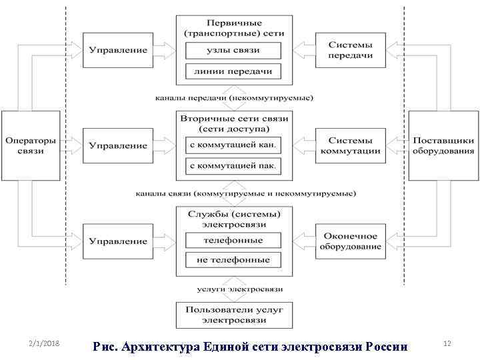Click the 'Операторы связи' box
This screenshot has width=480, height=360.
(x=31, y=145)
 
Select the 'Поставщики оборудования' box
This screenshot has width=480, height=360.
(x=443, y=145)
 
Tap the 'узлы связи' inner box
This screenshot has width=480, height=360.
(x=233, y=51)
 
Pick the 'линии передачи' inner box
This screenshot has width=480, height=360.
(x=233, y=71)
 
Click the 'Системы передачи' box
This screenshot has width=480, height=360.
(x=350, y=50)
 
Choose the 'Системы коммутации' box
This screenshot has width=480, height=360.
(x=350, y=145)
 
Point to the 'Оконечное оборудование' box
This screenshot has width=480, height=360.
(x=350, y=241)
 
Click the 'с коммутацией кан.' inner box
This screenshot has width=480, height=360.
(x=233, y=145)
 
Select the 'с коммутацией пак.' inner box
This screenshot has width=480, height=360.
(x=233, y=165)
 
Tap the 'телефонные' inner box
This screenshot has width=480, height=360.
(x=233, y=240)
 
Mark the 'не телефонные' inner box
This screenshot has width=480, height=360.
(x=233, y=260)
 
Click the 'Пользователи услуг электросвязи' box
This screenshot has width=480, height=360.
(x=233, y=315)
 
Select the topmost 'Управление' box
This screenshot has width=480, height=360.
(x=117, y=50)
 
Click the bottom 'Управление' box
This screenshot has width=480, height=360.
(x=117, y=241)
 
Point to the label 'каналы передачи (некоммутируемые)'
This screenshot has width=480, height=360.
(x=233, y=98)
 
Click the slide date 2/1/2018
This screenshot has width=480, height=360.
(x=45, y=343)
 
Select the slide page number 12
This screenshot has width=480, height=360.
(x=447, y=343)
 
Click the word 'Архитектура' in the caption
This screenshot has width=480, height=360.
(x=159, y=347)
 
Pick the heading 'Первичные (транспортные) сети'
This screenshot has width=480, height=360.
(x=233, y=27)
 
